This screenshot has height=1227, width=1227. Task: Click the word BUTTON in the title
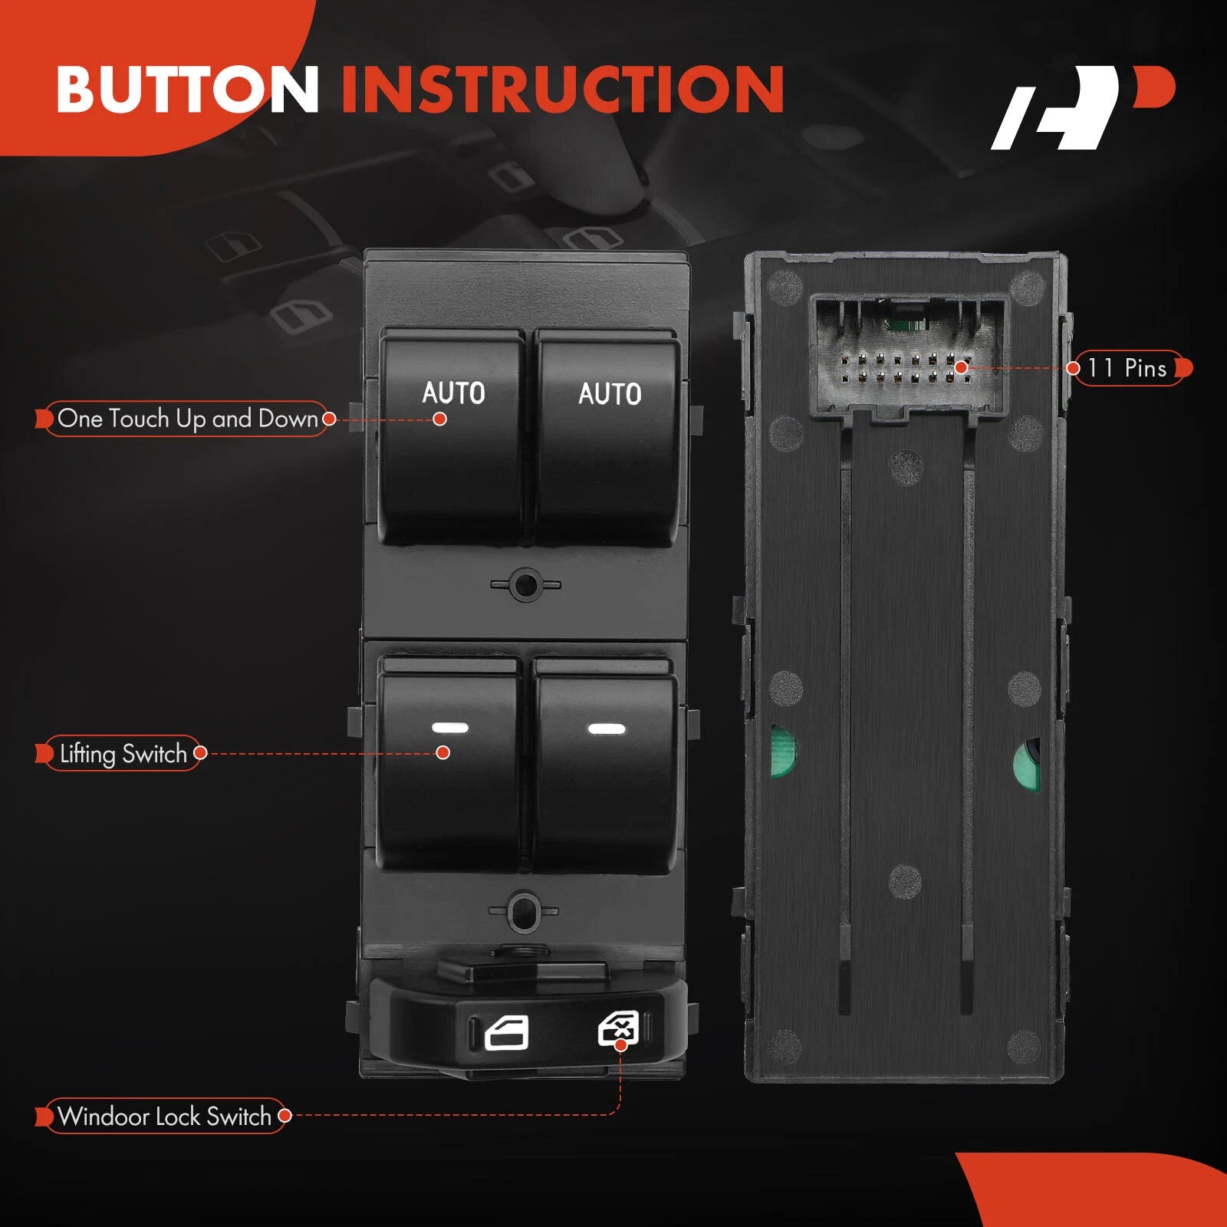(188, 89)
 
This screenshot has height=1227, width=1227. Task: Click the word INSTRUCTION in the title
(562, 89)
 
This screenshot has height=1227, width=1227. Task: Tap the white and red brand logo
(1083, 107)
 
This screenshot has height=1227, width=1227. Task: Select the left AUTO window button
(452, 437)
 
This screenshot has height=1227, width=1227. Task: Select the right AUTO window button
(607, 437)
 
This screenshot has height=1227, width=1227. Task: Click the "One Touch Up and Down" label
(188, 419)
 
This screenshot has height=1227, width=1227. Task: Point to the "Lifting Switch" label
(123, 754)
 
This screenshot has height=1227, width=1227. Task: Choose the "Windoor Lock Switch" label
(164, 1116)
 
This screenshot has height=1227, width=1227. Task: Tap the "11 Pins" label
(1127, 368)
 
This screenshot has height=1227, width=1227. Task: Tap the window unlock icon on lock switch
(507, 1033)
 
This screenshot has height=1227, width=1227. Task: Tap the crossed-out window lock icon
(618, 1028)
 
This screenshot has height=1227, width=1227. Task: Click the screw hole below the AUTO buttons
(526, 585)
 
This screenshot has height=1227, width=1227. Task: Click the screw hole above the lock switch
(524, 910)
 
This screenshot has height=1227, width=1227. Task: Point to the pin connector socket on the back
(909, 357)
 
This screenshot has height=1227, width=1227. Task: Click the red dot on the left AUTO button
(439, 419)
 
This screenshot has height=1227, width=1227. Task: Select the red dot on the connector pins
(960, 368)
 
